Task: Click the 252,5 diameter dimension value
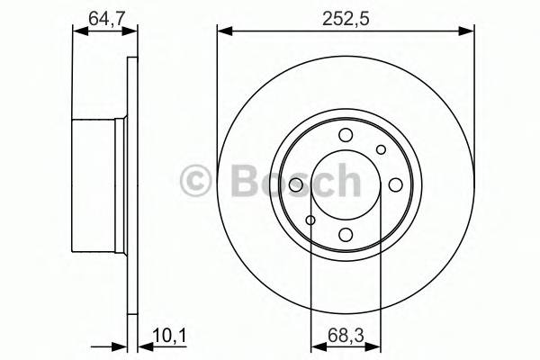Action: (345, 16)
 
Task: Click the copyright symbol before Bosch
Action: (196, 183)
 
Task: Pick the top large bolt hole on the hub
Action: (346, 135)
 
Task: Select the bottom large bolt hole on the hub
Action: (346, 236)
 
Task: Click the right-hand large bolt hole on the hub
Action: (395, 185)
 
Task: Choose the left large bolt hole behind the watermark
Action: (295, 185)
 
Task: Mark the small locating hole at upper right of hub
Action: (381, 149)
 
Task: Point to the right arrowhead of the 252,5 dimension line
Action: (468, 32)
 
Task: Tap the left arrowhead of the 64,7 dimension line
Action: (78, 32)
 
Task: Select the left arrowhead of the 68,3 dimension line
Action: (316, 345)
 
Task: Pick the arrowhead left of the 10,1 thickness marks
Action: (119, 345)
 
